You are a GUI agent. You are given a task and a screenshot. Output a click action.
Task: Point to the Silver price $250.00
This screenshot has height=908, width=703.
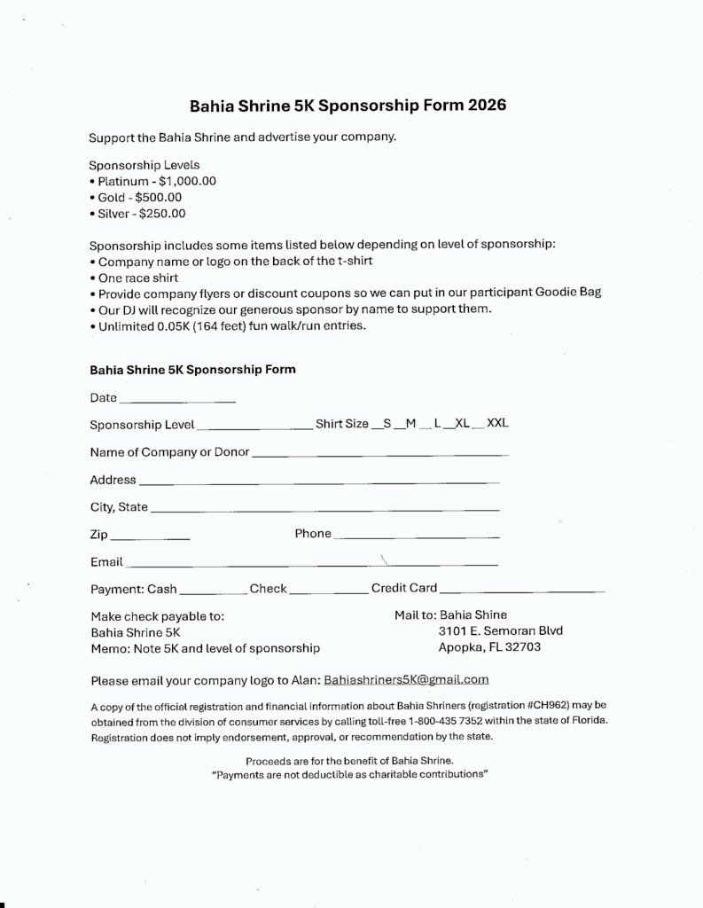[162, 214]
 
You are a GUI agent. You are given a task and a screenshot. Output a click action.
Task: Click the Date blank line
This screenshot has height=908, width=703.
[177, 401]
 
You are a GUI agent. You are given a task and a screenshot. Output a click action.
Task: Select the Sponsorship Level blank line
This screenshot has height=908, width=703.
[254, 427]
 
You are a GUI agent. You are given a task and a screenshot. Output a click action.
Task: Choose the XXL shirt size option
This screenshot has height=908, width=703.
[497, 424]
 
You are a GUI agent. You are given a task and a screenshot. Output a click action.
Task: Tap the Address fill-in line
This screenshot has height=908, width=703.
[319, 483]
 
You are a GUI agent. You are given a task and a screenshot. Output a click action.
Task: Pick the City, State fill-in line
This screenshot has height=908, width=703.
[324, 511]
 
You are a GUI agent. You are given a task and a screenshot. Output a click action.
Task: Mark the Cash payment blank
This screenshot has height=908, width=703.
[213, 591]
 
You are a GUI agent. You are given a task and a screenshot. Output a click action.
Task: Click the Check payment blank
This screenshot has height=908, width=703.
[328, 591]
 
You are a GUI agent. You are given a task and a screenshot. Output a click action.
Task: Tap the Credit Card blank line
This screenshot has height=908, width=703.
[521, 591]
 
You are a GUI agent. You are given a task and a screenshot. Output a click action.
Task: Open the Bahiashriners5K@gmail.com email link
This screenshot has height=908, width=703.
[406, 680]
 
